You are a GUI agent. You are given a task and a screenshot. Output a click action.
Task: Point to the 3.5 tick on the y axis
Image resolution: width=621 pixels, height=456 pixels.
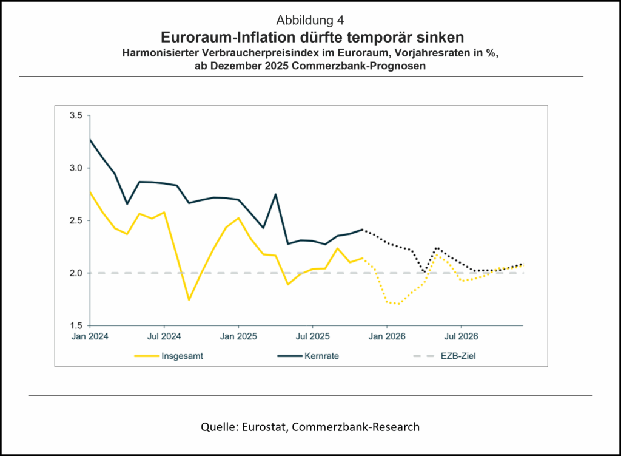pos(77,115)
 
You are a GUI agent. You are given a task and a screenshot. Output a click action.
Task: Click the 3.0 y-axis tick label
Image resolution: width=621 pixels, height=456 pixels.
pos(77,168)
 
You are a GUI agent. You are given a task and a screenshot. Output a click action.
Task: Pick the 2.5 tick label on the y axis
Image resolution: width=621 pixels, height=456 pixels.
pos(77,220)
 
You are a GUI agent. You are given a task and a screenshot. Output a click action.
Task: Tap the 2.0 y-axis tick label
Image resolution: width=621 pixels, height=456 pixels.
pos(77,273)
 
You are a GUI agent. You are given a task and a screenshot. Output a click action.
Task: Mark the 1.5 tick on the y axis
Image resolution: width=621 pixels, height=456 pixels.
pos(77,325)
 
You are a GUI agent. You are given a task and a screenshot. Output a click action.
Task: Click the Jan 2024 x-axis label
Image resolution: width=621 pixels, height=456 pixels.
pos(89,336)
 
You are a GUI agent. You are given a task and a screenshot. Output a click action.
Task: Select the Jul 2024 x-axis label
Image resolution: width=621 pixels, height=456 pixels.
pos(164,336)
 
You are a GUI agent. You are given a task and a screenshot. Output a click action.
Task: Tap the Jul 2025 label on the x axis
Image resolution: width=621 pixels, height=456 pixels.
pos(312,336)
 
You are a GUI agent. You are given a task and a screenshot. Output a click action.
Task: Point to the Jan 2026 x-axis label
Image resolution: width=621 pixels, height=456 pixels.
pos(387,336)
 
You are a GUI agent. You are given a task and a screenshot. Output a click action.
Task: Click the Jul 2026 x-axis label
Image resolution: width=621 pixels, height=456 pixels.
pos(460,336)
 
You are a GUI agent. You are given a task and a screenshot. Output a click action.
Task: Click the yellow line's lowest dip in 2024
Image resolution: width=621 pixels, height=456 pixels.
pos(189,299)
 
